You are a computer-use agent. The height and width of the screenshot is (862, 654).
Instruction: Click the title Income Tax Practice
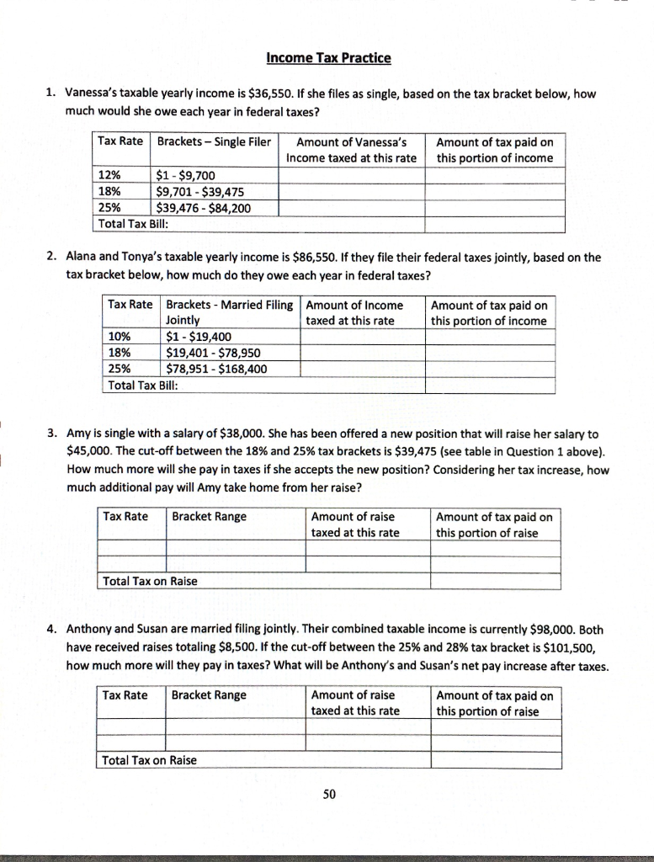[328, 58]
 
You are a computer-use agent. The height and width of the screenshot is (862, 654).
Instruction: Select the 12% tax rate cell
[110, 176]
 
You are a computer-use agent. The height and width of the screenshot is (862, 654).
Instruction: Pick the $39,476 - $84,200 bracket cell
[204, 208]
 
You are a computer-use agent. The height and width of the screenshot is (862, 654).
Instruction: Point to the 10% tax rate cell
[119, 338]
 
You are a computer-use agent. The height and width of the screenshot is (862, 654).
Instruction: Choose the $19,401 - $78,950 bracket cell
[215, 353]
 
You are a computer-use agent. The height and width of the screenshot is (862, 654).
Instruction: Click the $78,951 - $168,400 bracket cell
[217, 369]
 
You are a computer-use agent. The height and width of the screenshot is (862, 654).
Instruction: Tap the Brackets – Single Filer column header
[214, 141]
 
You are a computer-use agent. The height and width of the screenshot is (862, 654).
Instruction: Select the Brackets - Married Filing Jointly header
[229, 312]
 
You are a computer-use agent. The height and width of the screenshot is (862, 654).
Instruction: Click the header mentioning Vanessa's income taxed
[352, 149]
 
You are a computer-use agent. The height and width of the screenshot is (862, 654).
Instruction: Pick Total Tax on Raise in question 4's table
[149, 760]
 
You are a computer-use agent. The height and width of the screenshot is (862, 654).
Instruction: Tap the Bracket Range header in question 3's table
[210, 516]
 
